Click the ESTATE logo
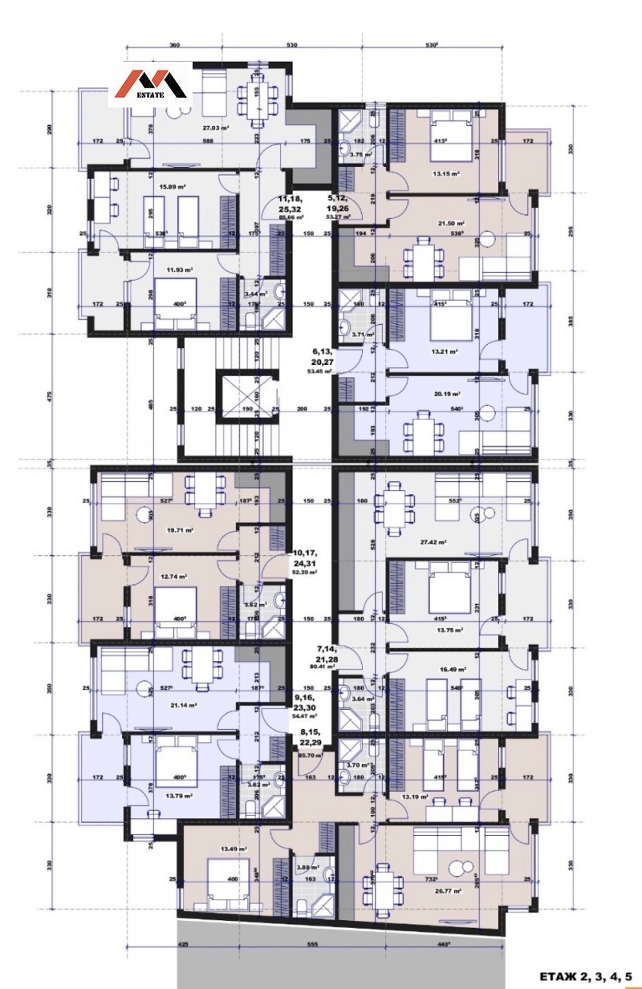(156, 84)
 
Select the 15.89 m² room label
(173, 187)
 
